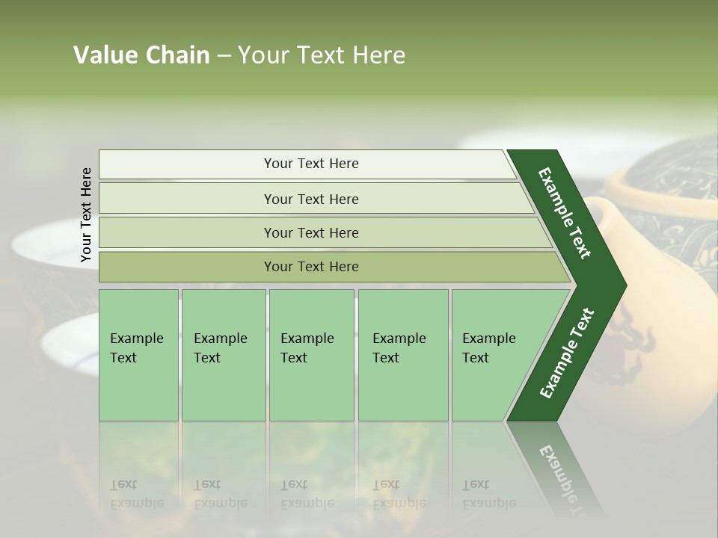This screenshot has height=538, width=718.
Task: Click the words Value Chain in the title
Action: point(141,55)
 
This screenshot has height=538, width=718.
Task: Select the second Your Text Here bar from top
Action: point(311,199)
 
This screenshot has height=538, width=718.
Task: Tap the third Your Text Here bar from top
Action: point(311,232)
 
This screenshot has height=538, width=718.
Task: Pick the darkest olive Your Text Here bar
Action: point(311,267)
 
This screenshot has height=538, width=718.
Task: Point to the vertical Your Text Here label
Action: point(86,214)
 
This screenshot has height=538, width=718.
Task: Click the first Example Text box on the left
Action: point(138,354)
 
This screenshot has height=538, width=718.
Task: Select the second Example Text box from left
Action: point(223,354)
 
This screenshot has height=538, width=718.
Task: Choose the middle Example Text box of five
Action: point(311,354)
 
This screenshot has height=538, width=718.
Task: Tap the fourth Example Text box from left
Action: point(403,354)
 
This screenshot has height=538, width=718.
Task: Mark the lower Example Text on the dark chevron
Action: point(567,353)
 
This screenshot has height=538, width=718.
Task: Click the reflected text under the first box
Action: point(137,494)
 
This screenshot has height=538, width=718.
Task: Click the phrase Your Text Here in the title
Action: point(322,55)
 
